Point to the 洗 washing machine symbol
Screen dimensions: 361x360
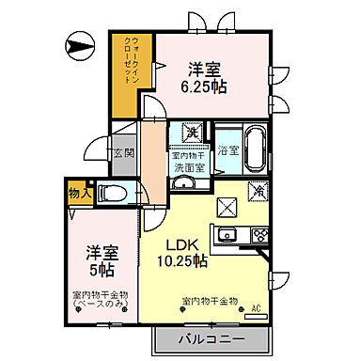click(x=188, y=132)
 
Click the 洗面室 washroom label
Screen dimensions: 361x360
click(x=189, y=167)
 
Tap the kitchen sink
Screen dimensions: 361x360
click(x=227, y=235)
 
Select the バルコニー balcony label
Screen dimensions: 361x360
click(x=211, y=339)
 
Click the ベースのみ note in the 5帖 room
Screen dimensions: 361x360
click(x=104, y=306)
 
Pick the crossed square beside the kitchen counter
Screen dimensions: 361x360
click(x=227, y=207)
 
